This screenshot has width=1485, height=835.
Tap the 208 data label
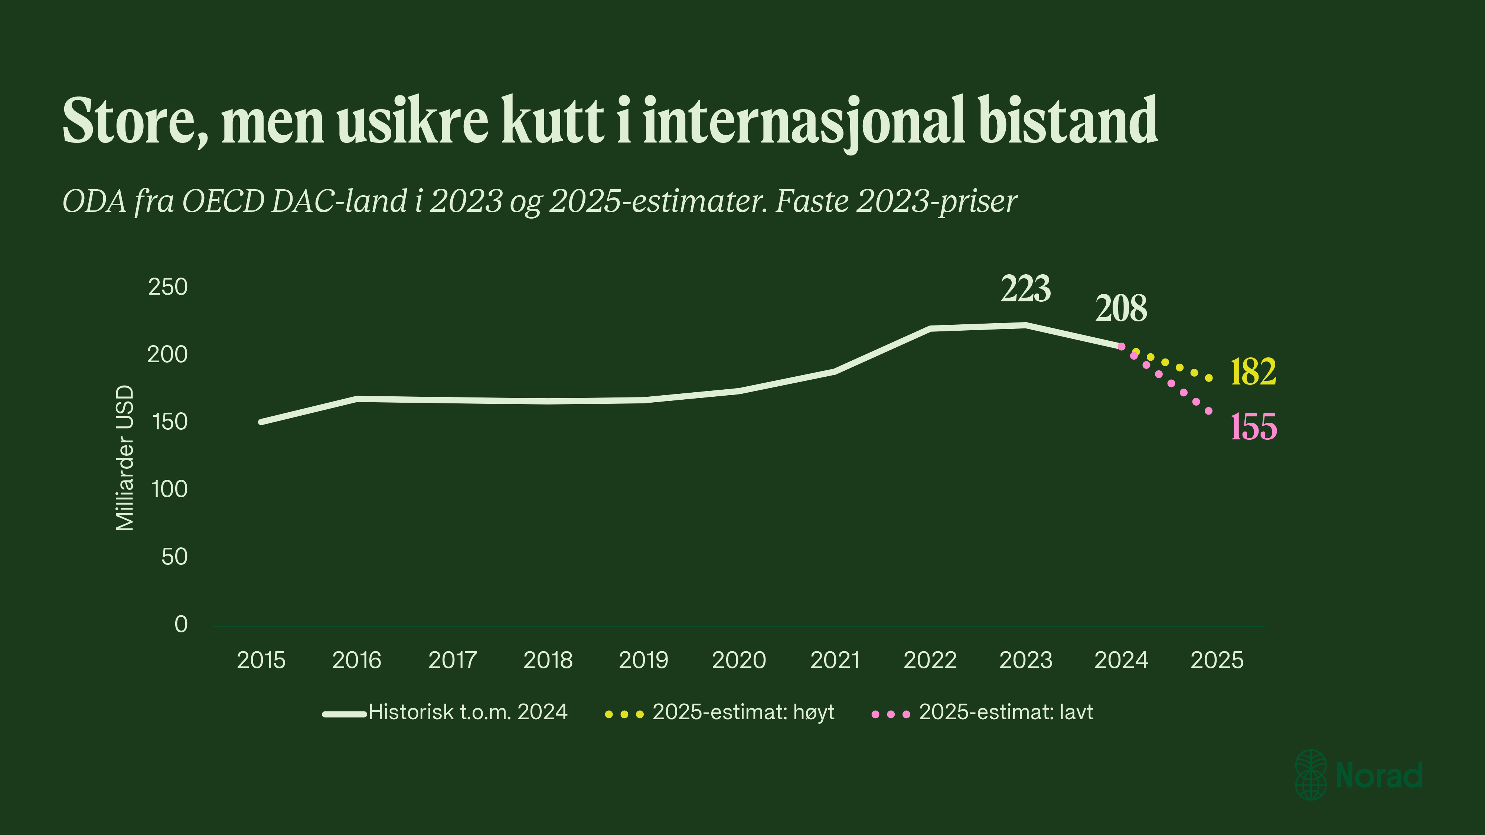coord(1121,308)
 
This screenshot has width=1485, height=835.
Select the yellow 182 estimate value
coord(1253,372)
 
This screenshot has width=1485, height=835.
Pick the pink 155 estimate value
coord(1254,427)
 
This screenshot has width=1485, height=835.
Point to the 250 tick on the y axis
coord(168,287)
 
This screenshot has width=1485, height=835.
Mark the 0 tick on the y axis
coord(181,624)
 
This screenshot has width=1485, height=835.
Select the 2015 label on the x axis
coord(261,660)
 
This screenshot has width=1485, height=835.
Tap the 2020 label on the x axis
coord(739,660)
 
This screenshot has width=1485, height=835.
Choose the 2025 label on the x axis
coord(1217,660)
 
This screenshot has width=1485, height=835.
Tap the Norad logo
coord(1359,775)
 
